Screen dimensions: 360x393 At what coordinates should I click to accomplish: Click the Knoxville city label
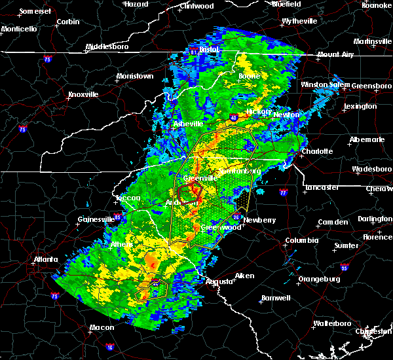point(84,95)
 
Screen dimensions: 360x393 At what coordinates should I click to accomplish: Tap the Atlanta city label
point(47,259)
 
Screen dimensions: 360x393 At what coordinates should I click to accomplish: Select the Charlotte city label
point(316,152)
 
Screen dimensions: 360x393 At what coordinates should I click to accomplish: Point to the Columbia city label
point(301,241)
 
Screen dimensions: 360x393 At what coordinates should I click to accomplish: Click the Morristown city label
point(135,77)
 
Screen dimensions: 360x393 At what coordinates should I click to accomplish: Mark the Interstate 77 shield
point(283,194)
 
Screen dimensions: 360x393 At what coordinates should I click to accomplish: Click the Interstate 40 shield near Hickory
point(233,118)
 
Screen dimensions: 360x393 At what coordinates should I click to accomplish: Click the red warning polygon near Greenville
point(189,193)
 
